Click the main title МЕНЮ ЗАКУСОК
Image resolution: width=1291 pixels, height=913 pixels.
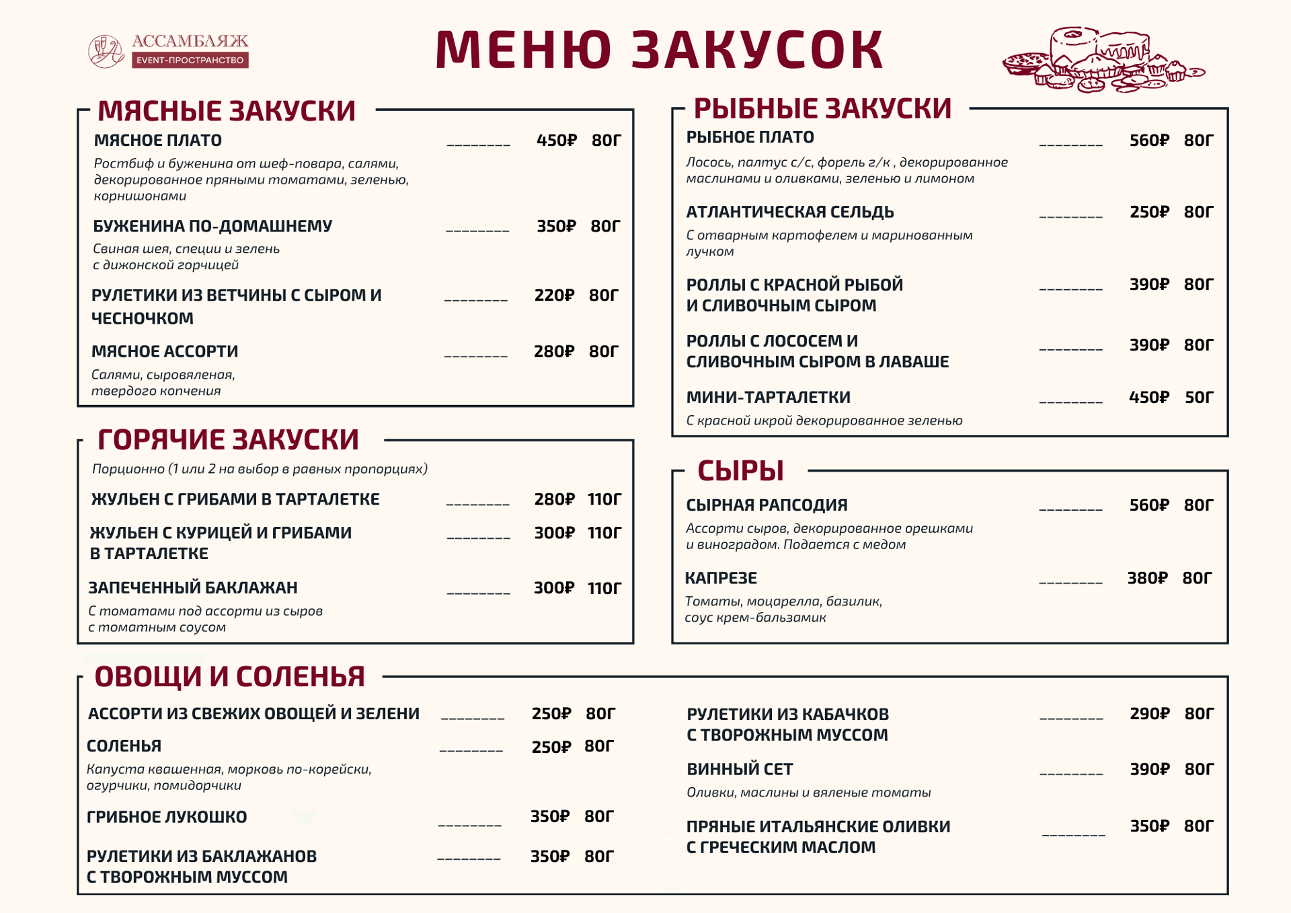pos(659,50)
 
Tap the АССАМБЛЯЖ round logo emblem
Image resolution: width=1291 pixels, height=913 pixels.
pos(106,51)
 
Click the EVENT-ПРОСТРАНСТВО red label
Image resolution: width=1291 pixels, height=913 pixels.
pos(190,61)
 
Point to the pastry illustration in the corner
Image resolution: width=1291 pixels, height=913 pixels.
pos(1103,61)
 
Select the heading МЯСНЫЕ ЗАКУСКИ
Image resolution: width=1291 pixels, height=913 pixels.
pos(226,111)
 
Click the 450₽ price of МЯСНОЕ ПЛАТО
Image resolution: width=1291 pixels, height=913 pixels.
pos(556,141)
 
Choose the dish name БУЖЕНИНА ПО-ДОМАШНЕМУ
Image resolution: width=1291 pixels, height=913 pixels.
pos(212,226)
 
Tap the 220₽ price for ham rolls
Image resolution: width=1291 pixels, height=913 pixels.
pos(554,295)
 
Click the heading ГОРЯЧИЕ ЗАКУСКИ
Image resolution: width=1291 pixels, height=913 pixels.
pos(228,440)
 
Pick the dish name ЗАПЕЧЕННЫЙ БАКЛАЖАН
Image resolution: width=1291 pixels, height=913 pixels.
pos(193,588)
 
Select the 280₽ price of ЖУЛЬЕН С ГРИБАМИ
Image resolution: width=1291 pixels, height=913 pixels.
pos(554,499)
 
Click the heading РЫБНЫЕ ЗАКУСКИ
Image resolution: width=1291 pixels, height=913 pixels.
pos(822,108)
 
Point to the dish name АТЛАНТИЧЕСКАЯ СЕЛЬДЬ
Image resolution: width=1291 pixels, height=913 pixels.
pos(790,212)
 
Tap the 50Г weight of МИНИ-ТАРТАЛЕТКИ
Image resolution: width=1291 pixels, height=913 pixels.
pos(1199,398)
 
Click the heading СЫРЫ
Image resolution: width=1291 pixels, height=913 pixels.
pos(740,471)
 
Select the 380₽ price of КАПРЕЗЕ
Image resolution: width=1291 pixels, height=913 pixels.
pos(1147,579)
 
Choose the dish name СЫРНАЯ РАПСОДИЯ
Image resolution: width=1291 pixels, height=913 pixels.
pos(767,505)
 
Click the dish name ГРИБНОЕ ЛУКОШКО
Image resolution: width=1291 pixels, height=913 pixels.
pos(167,817)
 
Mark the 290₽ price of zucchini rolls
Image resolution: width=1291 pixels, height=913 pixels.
pos(1149,714)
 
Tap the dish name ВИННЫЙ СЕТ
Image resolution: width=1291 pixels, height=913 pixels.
pos(740,769)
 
